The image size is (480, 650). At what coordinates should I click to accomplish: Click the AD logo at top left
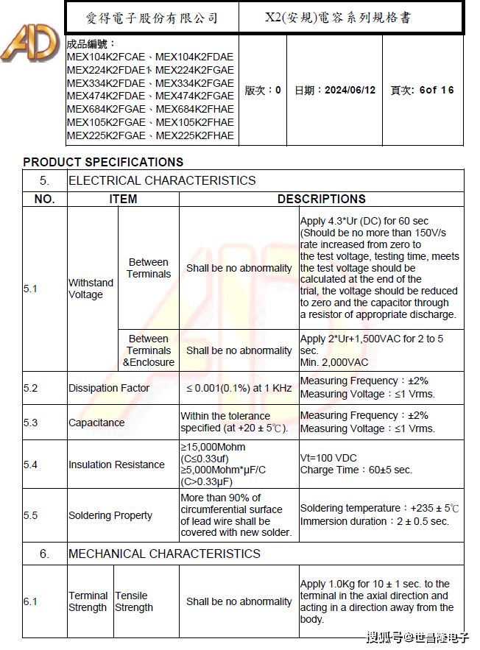coord(29,44)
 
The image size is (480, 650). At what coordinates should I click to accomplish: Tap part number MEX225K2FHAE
coord(195,135)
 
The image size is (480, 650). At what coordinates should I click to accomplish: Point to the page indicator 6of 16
coord(437,91)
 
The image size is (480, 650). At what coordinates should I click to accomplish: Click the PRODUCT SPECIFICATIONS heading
coord(103,162)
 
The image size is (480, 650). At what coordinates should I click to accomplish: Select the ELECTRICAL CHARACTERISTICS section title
coord(162,180)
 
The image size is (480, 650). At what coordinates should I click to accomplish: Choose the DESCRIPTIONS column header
coord(321,199)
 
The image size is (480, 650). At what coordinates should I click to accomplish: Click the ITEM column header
coord(123,199)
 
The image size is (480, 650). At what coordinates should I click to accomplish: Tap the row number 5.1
coord(30,289)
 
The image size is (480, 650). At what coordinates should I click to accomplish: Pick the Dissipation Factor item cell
coord(109,388)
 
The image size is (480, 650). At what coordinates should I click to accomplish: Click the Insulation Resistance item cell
coord(116,464)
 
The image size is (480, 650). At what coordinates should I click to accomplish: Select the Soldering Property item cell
coord(110,515)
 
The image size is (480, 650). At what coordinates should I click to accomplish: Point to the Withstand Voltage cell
coord(91,289)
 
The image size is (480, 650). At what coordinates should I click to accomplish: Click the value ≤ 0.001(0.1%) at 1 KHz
coord(239,388)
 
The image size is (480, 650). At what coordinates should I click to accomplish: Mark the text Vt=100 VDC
coord(328,458)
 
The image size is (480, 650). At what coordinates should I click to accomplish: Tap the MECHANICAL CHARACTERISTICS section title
coord(164,554)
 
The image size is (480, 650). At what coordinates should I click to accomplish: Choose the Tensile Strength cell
coord(134,601)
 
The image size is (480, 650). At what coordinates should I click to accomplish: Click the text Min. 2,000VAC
coord(334,363)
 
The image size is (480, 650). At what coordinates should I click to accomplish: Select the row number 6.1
coord(30,601)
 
